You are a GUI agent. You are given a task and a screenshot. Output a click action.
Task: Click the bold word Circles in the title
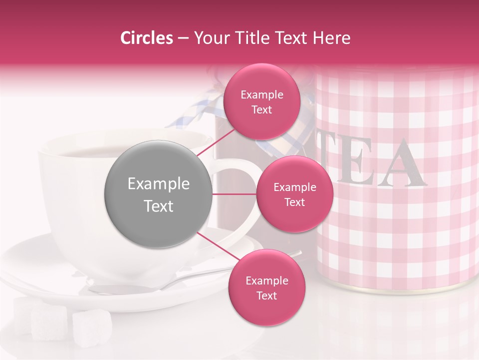[147, 38]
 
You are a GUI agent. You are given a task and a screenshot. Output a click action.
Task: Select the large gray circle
[158, 194]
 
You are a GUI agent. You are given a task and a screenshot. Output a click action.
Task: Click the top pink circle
[261, 101]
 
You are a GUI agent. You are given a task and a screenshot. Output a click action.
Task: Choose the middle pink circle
[294, 194]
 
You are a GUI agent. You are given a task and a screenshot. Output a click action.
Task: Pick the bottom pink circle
[266, 287]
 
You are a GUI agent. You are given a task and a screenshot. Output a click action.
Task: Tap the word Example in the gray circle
[158, 184]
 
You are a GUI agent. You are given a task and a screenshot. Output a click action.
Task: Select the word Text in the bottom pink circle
[266, 295]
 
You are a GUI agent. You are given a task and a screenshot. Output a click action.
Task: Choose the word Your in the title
[209, 38]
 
